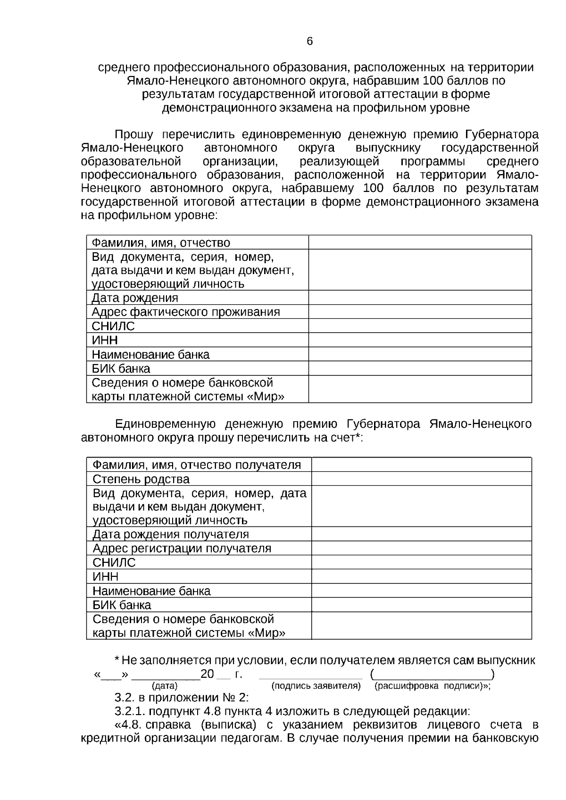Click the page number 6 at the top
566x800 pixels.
point(309,42)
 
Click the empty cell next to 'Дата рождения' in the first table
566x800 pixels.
point(420,298)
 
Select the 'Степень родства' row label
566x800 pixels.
point(141,479)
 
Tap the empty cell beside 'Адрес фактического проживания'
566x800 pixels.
point(420,312)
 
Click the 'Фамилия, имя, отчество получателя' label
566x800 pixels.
point(197,465)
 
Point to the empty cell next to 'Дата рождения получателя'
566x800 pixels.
point(421,534)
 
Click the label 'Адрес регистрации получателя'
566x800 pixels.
point(182,549)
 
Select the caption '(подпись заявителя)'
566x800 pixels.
point(316,686)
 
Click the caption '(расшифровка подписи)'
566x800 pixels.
point(432,686)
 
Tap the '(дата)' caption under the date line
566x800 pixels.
point(165,686)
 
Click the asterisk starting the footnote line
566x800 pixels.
point(117,660)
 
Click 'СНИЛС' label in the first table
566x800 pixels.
point(113,326)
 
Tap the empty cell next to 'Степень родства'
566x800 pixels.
point(421,479)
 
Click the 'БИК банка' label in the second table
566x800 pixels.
point(122,605)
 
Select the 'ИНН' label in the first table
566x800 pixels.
point(105,340)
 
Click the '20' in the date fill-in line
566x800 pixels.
point(208,674)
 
